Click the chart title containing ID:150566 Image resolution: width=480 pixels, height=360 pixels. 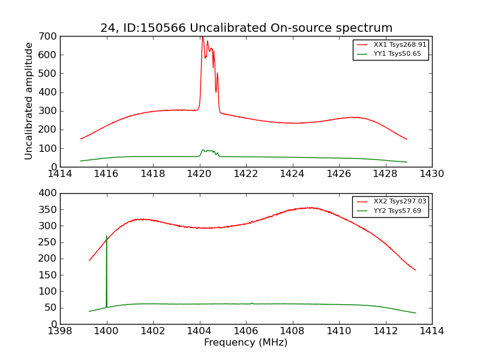pyautogui.click(x=246, y=28)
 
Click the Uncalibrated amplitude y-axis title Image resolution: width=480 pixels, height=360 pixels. pyautogui.click(x=29, y=101)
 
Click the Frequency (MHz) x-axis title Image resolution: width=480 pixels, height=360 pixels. pyautogui.click(x=246, y=343)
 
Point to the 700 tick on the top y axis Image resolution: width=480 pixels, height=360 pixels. pyautogui.click(x=49, y=36)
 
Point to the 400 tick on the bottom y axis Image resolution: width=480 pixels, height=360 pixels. pyautogui.click(x=49, y=193)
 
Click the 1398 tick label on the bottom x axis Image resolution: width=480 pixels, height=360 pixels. pyautogui.click(x=60, y=331)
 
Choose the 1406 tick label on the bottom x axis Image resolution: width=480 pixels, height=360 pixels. pyautogui.click(x=245, y=331)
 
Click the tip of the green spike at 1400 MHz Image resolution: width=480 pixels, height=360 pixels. pyautogui.click(x=106, y=236)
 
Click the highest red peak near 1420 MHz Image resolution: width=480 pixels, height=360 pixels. pyautogui.click(x=202, y=37)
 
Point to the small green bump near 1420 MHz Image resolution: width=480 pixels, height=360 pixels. pyautogui.click(x=203, y=150)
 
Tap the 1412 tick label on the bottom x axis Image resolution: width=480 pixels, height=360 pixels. pyautogui.click(x=385, y=331)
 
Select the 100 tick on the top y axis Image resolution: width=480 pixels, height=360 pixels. pyautogui.click(x=49, y=148)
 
